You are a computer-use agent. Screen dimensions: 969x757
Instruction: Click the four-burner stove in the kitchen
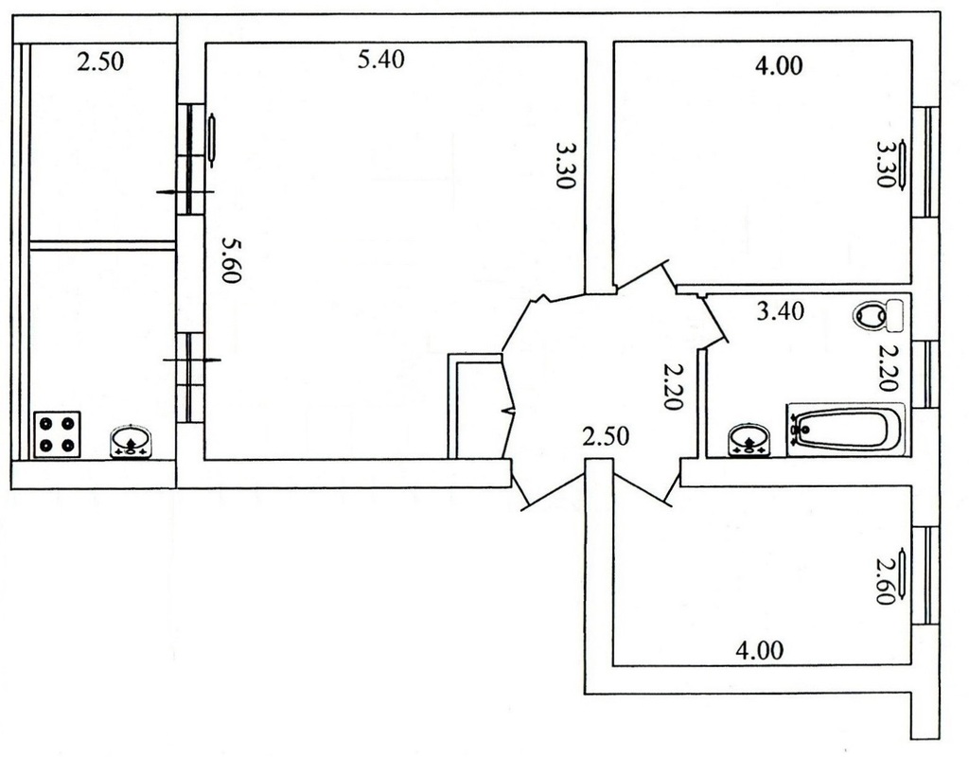click(58, 435)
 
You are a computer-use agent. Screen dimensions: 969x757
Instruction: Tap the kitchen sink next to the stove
click(131, 441)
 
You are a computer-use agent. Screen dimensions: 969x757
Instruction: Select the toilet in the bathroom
click(878, 314)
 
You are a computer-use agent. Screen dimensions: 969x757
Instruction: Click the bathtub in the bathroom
click(845, 430)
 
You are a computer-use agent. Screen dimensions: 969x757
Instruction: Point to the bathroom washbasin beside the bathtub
click(750, 440)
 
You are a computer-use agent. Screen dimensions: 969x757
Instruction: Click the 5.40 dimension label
click(381, 60)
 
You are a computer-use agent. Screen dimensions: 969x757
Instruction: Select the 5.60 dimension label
click(231, 260)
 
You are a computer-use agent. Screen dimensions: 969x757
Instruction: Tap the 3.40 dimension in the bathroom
click(781, 310)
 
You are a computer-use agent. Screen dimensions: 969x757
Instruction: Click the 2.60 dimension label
click(887, 581)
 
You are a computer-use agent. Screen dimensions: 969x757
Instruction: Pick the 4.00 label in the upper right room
click(779, 65)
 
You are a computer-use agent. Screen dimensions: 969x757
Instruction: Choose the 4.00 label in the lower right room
click(760, 650)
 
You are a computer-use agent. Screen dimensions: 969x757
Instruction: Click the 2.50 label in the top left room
click(100, 62)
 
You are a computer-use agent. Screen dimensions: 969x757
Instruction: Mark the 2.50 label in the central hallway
click(606, 436)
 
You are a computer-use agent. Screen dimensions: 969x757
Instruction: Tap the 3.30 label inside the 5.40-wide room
click(565, 166)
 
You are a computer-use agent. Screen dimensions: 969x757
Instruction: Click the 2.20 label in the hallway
click(672, 387)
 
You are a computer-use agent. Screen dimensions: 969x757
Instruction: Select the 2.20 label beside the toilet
click(888, 368)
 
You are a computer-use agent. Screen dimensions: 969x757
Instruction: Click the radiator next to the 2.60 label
click(904, 577)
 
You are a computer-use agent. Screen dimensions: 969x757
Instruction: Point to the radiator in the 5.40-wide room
click(212, 140)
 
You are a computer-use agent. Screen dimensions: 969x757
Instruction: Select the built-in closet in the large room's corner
click(475, 406)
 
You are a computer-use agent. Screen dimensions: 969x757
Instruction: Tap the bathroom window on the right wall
click(925, 374)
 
